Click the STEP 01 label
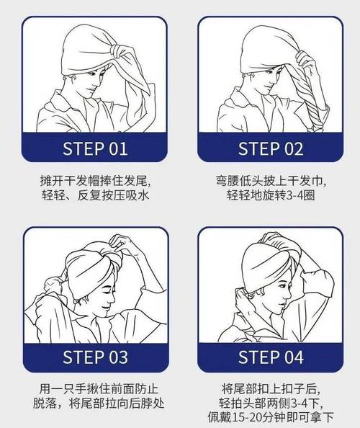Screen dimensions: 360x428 95,148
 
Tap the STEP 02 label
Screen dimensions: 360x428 271,148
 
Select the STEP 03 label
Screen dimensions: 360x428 95,357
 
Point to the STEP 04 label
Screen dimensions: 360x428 271,357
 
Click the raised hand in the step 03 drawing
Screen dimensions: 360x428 122,244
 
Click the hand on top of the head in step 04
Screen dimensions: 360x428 273,238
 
